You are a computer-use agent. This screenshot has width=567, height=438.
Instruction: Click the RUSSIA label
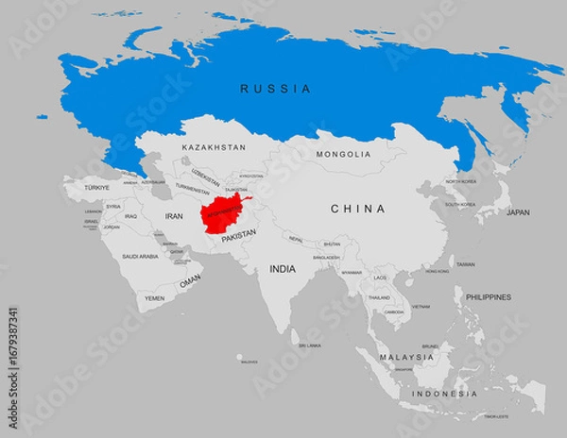point(275,89)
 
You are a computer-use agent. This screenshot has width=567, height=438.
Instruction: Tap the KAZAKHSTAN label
point(214,148)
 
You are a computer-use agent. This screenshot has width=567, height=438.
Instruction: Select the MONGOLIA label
point(344,154)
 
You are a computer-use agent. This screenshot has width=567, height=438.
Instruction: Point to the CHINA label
point(357,209)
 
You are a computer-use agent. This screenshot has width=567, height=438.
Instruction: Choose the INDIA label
point(283,269)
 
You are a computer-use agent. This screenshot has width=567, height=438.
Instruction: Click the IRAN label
point(174,216)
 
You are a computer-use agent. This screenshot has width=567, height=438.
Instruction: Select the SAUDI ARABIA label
point(141,256)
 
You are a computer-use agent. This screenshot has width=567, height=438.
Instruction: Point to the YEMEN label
point(154,297)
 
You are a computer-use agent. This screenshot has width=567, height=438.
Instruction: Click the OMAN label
point(190,281)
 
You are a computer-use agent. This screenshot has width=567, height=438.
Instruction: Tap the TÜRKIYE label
point(96,188)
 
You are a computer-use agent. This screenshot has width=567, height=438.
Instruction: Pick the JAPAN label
point(518,212)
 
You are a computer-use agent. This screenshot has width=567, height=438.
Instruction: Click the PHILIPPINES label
point(488,297)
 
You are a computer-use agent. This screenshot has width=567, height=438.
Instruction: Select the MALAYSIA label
point(406,358)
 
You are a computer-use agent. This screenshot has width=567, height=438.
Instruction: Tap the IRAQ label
point(131,216)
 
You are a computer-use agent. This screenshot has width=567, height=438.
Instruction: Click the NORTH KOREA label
point(461,181)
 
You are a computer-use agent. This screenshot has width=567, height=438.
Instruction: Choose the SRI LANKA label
point(309,345)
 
